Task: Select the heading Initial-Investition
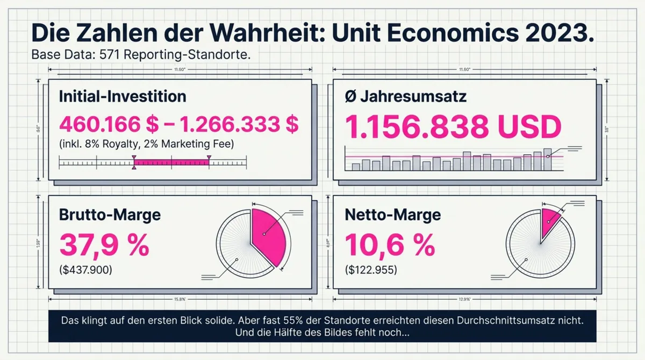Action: pyautogui.click(x=122, y=97)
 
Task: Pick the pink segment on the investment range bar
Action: pyautogui.click(x=171, y=162)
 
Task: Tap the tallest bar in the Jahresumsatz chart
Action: pyautogui.click(x=547, y=159)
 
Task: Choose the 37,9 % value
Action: pyautogui.click(x=104, y=244)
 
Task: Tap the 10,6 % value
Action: pyautogui.click(x=389, y=244)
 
